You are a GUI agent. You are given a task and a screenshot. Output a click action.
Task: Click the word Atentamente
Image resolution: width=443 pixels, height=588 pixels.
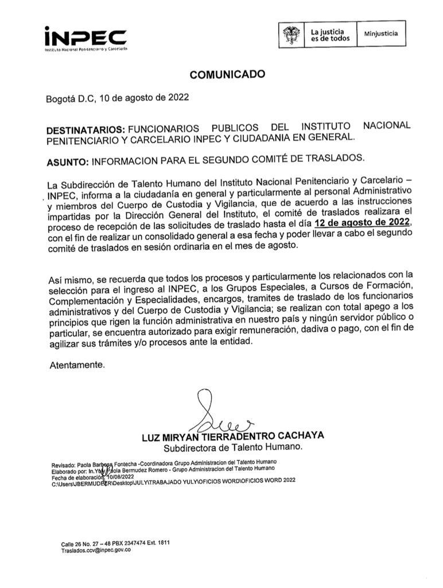tap(77, 364)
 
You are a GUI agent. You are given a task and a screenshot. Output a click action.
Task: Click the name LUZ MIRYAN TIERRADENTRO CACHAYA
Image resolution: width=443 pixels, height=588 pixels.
tap(232, 436)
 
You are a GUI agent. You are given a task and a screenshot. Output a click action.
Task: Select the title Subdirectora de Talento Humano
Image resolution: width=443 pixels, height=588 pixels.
tap(232, 447)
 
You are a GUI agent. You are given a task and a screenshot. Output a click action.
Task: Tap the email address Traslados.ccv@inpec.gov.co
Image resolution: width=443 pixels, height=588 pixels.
tap(96, 550)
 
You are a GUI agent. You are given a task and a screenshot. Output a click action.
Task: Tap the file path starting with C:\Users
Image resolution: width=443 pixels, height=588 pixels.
tap(172, 483)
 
